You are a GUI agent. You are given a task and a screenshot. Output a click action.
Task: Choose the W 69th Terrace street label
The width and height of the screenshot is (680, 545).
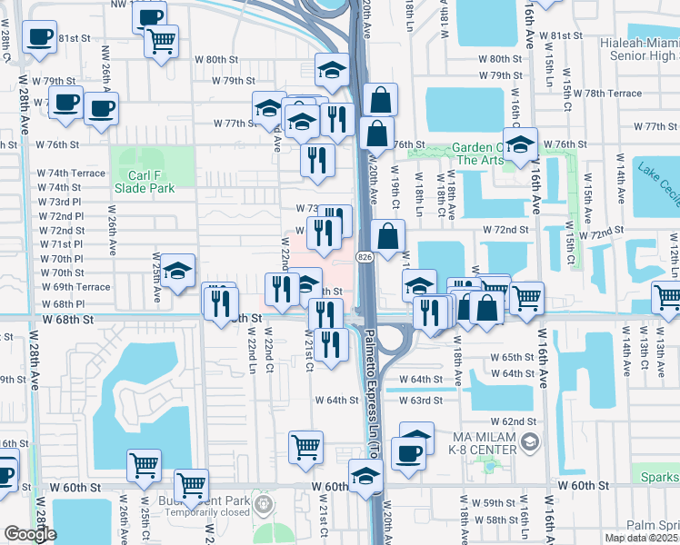(75, 287)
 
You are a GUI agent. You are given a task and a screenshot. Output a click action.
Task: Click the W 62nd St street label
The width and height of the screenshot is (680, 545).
(514, 421)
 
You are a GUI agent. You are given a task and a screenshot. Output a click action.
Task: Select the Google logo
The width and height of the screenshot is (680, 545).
(30, 534)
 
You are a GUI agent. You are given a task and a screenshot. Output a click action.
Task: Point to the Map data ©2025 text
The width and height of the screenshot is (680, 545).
(641, 538)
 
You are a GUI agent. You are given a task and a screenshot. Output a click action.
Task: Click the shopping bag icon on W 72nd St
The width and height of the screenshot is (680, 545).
(387, 237)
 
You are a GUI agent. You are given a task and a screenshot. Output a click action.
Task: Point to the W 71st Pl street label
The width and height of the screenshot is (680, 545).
(61, 244)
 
